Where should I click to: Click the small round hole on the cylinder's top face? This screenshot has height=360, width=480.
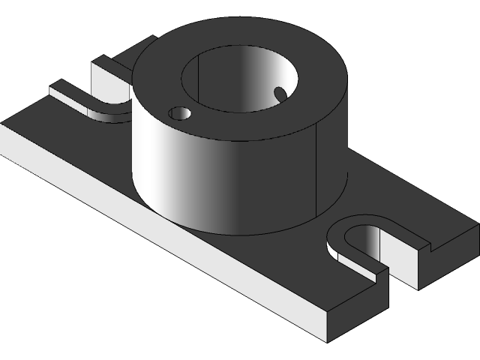(180, 113)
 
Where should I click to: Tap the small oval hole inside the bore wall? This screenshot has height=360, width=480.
(280, 94)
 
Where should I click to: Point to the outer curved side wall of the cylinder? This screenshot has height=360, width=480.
(225, 180)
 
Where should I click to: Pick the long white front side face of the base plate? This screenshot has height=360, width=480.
(150, 225)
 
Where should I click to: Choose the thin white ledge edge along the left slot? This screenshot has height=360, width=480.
(67, 96)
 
